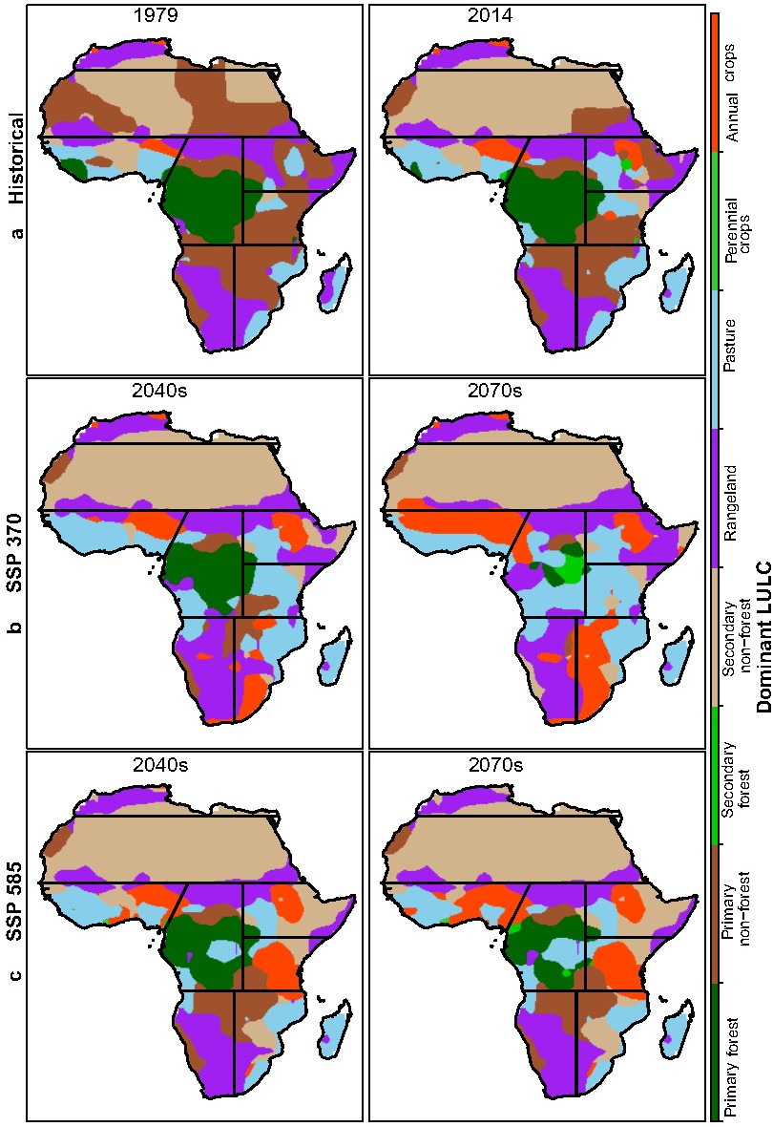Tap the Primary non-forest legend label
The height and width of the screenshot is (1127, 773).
[x=737, y=913]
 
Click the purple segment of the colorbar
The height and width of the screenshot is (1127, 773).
[x=715, y=498]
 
